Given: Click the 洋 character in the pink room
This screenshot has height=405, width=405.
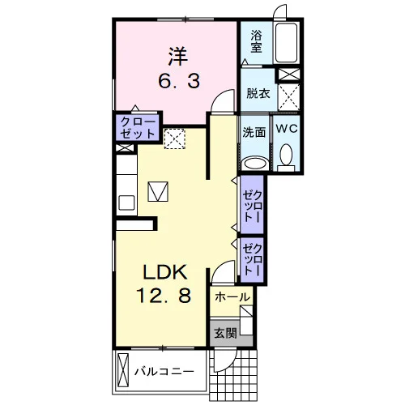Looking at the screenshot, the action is coord(178,57).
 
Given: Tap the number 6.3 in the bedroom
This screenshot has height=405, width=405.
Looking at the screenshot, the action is coord(179,81).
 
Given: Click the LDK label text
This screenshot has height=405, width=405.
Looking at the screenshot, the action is coord(165,272).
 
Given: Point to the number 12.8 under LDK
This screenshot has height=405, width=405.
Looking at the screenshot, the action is coord(164,295).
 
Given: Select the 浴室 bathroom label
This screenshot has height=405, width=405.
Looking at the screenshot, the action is coord(256,41).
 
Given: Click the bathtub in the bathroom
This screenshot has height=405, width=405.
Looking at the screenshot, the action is coord(286,43).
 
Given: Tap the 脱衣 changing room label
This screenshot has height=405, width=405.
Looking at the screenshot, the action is coord(258,93).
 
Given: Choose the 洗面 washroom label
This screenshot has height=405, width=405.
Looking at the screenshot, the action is coord(254,132).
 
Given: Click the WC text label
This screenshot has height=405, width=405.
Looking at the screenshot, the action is coord(287,129).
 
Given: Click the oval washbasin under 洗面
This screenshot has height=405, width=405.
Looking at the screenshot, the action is coord(255,164).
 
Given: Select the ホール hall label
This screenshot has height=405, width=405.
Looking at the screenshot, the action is coord(232,297).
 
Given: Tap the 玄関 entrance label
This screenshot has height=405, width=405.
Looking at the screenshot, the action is coord(225,333).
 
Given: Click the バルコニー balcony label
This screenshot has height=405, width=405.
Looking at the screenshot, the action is coord(164,372).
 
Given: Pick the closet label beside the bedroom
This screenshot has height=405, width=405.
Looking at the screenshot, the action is coord(138,128).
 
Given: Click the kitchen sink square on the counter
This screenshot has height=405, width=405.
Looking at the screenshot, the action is coord(126,202).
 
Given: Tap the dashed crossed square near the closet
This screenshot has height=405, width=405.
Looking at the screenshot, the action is coord(175,139).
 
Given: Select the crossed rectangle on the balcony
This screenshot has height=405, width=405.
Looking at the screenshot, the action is coord(123,370).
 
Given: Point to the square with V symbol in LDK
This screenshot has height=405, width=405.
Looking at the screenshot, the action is coord(158,191).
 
